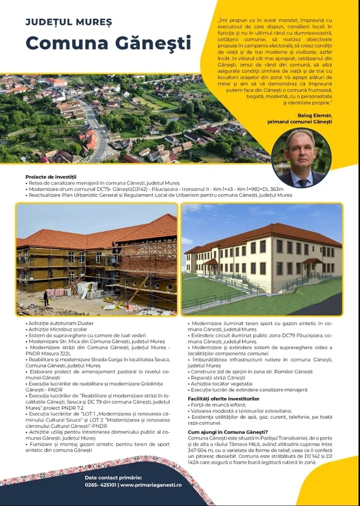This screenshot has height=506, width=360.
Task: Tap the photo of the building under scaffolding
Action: tap(96, 258)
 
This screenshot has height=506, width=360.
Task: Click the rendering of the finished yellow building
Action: tap(262, 258)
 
